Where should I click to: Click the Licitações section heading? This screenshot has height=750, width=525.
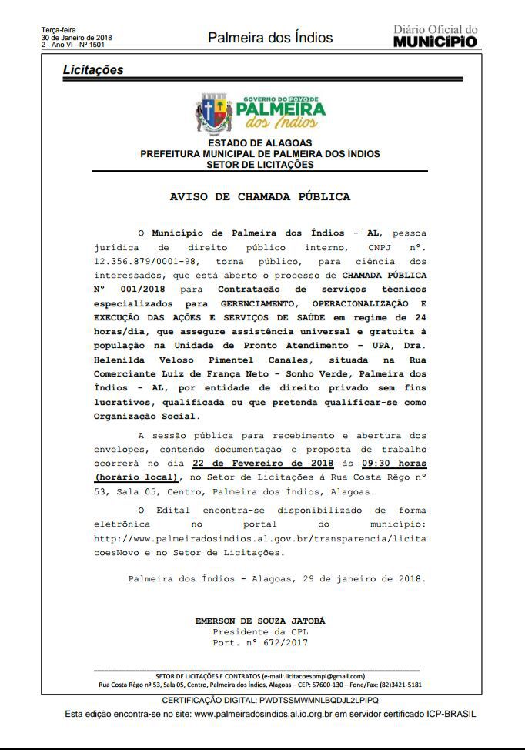93,70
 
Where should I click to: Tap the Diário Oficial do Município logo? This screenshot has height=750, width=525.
435,36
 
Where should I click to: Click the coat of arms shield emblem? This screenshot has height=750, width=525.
214,113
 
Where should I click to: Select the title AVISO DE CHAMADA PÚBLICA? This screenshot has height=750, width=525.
260,196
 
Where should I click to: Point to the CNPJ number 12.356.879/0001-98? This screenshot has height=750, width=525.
132,262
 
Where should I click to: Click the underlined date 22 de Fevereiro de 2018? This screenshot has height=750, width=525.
262,464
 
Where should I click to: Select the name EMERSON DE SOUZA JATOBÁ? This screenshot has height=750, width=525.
260,621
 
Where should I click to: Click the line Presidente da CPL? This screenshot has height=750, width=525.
260,631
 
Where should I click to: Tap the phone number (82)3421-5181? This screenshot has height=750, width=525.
399,685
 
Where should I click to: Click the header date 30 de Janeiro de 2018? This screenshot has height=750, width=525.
77,38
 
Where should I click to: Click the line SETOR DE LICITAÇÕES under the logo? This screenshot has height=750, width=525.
260,164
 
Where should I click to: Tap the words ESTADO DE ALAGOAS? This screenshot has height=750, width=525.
260,143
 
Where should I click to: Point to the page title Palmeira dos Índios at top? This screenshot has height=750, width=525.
270,38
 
